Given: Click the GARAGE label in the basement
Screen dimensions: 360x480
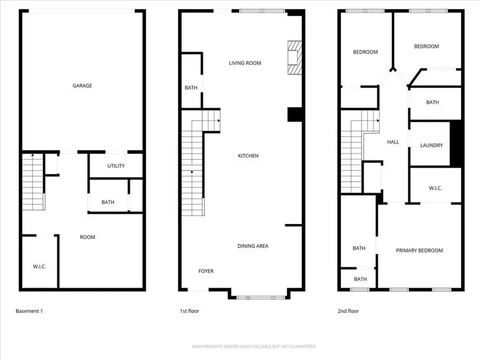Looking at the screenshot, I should (83, 85).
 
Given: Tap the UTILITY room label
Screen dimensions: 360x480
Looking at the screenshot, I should (116, 166).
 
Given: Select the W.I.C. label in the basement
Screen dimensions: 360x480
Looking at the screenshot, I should (39, 266).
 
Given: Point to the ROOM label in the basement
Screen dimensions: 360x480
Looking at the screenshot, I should (87, 237).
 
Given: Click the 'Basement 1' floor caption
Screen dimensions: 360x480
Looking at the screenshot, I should (29, 311).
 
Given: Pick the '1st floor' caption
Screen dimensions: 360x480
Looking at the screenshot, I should (189, 311).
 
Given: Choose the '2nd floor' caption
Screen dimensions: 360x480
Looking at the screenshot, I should (349, 311).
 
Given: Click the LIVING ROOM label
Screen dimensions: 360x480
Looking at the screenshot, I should (245, 63).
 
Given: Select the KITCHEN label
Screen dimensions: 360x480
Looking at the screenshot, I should (248, 156).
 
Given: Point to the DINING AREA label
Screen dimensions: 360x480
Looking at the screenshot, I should (253, 246).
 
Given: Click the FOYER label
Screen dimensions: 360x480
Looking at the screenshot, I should (206, 271).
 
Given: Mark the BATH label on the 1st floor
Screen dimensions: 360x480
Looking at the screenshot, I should (191, 88).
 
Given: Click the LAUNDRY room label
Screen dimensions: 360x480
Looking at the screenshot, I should (431, 145).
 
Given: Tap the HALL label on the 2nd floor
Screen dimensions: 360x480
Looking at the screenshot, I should (393, 142).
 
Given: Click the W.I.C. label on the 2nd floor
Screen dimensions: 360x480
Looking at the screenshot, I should (436, 188).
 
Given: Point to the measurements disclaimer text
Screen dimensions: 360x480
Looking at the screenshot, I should (254, 347).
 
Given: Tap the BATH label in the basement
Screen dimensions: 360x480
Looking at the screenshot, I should (108, 202).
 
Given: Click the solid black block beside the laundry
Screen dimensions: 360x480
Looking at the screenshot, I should (455, 143).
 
